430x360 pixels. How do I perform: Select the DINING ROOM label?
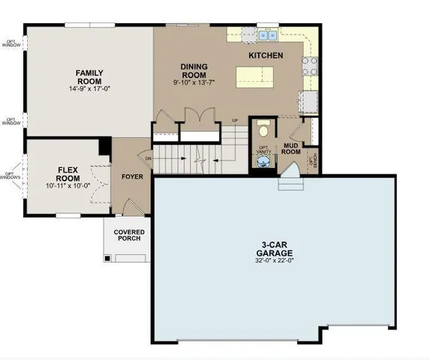(x=194, y=71)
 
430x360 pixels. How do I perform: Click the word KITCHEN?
(x=266, y=56)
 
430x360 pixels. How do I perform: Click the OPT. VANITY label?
(x=263, y=149)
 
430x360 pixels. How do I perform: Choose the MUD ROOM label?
(x=291, y=147)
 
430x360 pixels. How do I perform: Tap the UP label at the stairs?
(x=234, y=121)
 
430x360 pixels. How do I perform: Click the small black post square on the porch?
(x=109, y=257)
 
